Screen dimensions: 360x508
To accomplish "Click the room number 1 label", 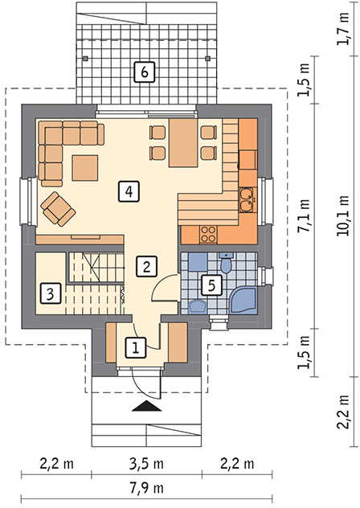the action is click(136, 348).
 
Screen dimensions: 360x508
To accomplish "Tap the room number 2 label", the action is click(147, 267).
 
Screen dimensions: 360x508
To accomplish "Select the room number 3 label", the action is click(51, 294).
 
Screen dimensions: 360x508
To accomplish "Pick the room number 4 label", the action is click(129, 192).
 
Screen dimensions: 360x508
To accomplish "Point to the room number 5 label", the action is click(211, 285).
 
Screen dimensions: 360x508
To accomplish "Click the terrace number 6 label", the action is click(145, 72).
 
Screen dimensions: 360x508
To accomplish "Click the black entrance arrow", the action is click(147, 406).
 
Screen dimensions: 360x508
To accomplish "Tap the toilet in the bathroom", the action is click(226, 263).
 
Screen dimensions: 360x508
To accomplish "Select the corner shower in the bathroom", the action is click(243, 301).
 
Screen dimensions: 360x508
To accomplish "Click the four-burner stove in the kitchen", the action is click(208, 234).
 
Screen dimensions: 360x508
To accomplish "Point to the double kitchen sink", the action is click(247, 200).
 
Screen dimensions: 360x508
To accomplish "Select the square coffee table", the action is click(85, 168).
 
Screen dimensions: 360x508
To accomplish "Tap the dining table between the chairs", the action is click(183, 143).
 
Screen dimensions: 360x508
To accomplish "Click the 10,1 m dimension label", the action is click(343, 216).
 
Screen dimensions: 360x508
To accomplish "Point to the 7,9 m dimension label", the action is click(147, 488).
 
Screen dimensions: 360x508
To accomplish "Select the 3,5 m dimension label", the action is click(147, 464).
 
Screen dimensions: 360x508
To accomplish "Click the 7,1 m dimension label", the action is click(304, 216).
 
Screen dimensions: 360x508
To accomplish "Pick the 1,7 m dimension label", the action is click(343, 28).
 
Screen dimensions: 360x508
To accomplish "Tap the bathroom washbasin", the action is click(198, 306).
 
